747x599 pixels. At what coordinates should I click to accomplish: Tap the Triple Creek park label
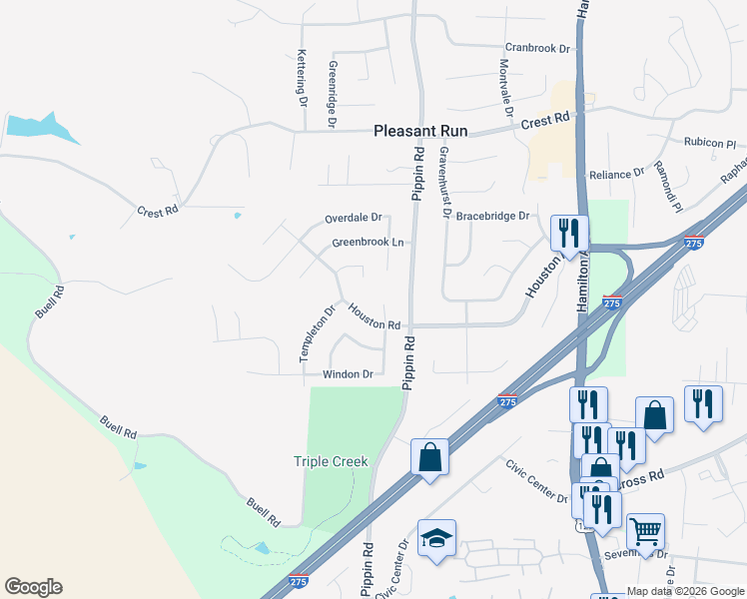331,461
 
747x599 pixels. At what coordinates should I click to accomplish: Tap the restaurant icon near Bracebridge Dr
569,233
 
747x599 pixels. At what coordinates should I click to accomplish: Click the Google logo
33,587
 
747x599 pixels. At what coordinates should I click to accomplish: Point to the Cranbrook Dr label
536,47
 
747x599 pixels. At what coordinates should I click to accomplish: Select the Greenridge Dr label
332,94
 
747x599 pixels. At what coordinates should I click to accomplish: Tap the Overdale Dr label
354,218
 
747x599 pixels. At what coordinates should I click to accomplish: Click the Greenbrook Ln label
368,243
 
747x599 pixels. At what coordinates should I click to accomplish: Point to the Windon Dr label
348,374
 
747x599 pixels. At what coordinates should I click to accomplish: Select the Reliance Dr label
616,174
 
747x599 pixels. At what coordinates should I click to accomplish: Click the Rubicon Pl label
710,143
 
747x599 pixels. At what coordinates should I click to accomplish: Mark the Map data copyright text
685,590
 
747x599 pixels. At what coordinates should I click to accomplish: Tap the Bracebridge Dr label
492,216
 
